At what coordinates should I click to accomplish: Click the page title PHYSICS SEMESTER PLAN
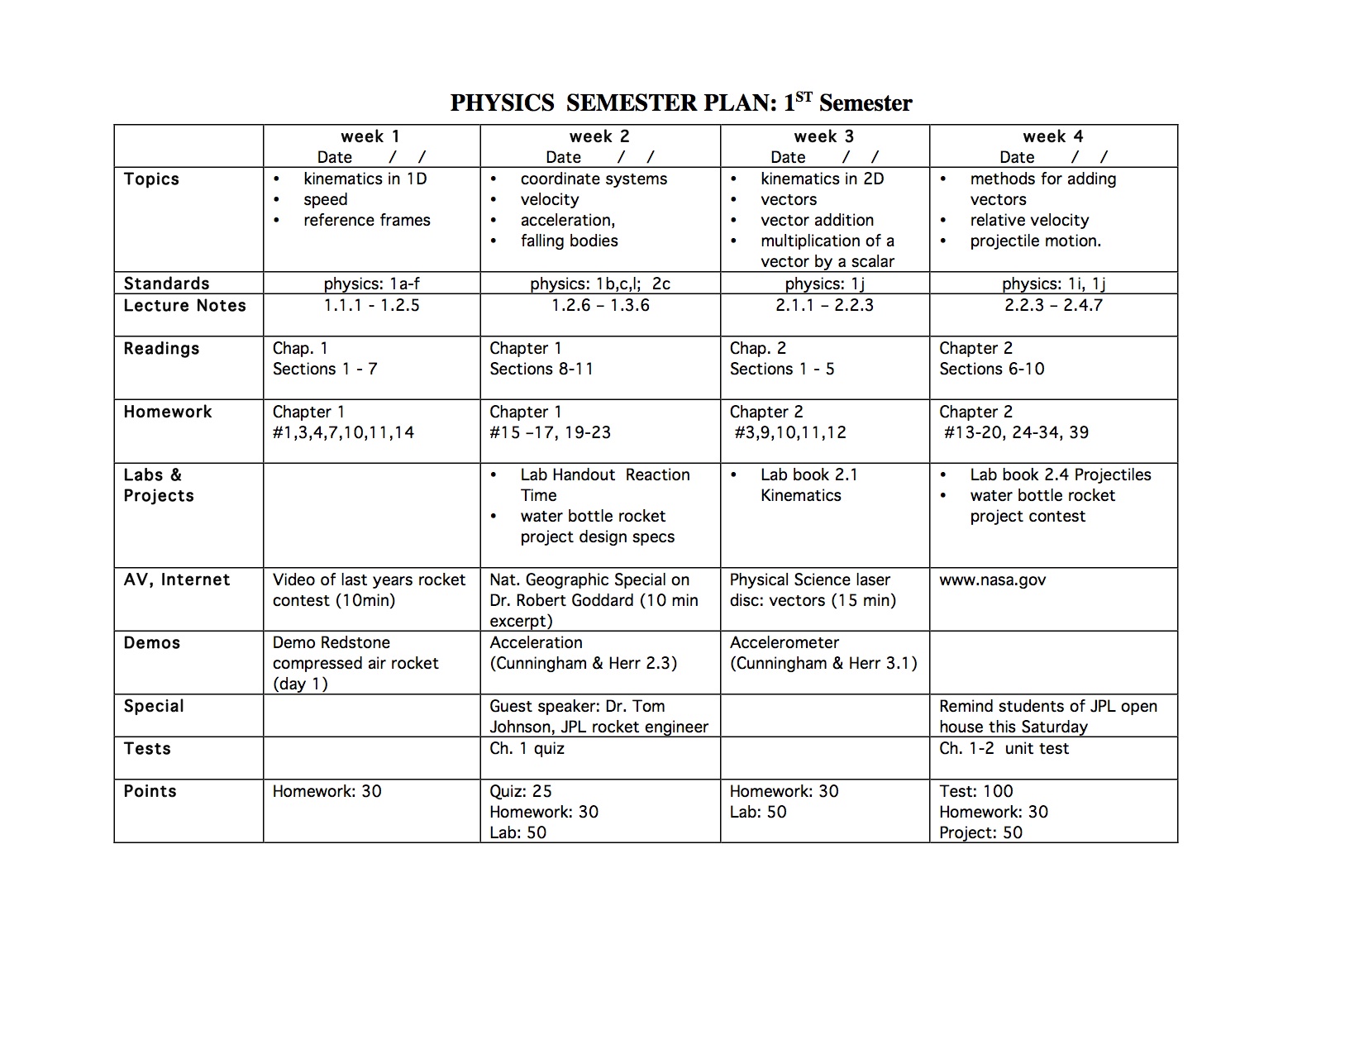680,103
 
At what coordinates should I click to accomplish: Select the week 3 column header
823,136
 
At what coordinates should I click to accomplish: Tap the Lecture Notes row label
184,306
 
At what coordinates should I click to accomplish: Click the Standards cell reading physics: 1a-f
371,284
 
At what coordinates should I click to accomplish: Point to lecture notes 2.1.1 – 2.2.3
824,305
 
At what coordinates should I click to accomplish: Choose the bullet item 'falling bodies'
569,241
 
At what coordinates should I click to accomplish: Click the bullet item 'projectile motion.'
1035,241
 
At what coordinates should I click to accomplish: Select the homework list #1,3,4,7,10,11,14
343,432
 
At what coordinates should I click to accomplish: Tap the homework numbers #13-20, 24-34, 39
1016,432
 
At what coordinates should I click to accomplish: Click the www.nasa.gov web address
992,579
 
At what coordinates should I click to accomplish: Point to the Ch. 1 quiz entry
527,748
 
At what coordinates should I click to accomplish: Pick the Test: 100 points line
975,791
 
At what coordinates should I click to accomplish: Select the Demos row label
151,643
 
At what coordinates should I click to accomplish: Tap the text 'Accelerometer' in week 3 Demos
784,642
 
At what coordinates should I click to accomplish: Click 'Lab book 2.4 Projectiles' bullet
1060,475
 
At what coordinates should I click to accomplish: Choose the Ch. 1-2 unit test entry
1004,748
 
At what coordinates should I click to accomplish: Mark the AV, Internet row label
176,579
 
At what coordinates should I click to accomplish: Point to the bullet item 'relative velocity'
1029,220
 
